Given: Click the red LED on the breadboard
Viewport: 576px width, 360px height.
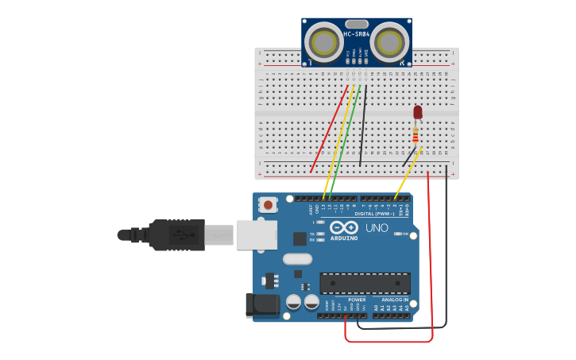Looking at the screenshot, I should point(418,112).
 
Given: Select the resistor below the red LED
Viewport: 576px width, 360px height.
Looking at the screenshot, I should point(416,136).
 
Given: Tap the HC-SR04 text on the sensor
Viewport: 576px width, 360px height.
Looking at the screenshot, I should point(357,34).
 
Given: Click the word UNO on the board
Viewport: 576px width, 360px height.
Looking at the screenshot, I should point(377,228).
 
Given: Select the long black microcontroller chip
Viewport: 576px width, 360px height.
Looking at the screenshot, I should point(365,283).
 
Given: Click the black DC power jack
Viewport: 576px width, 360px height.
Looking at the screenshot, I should point(264,305).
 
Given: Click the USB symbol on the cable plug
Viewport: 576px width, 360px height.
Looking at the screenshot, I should point(181,235).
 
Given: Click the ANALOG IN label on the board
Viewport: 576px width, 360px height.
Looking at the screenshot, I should point(394,300).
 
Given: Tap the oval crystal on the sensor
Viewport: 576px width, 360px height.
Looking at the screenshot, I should point(357,24).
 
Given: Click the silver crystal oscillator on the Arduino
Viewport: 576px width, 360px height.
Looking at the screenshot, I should point(297,258).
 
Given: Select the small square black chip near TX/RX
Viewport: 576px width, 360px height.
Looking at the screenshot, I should point(300,238).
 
